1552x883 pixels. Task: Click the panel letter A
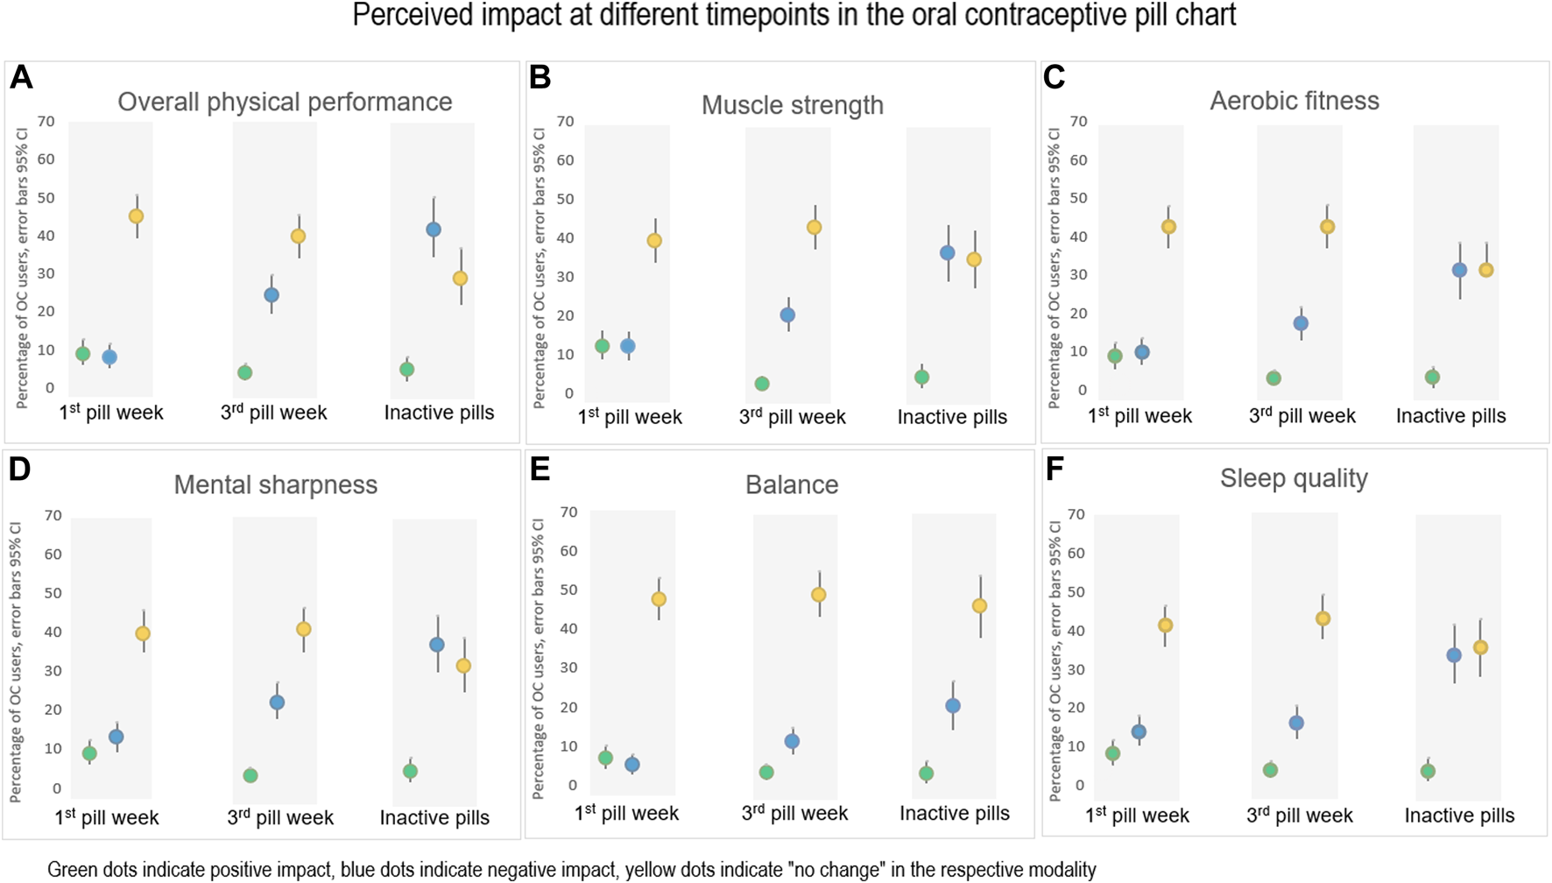21,78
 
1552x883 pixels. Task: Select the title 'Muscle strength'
792,105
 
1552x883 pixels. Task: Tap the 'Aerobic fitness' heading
1294,101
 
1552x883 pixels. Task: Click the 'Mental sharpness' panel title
275,484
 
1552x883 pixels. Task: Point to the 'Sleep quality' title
1293,478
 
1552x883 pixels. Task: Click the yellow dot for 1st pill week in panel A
136,216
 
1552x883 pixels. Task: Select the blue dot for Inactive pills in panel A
434,230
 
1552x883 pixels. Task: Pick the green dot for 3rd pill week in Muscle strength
762,384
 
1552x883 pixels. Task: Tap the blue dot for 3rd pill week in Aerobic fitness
1301,323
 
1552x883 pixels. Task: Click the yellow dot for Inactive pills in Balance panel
980,606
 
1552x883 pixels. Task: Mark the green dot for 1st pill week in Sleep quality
1112,753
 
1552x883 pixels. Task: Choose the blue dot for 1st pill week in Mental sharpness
116,737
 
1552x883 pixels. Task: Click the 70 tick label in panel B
565,122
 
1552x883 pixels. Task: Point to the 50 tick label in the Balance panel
568,590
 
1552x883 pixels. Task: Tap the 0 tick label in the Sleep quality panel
1080,786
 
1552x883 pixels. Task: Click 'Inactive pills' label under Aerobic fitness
1450,416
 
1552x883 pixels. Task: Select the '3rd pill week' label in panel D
280,817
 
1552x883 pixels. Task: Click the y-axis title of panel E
539,657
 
